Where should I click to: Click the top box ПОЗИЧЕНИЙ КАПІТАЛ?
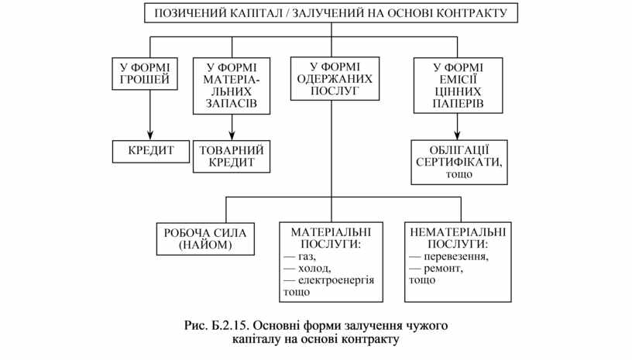click(331, 13)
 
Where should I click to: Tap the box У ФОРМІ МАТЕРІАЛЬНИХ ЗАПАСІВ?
click(232, 85)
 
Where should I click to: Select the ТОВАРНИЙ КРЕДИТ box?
click(232, 156)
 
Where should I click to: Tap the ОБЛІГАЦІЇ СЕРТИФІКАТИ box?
click(459, 162)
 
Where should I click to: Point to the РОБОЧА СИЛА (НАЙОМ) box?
click(205, 238)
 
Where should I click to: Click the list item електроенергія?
click(335, 279)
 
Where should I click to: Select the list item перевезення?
click(454, 256)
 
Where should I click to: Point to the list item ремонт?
click(441, 268)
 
